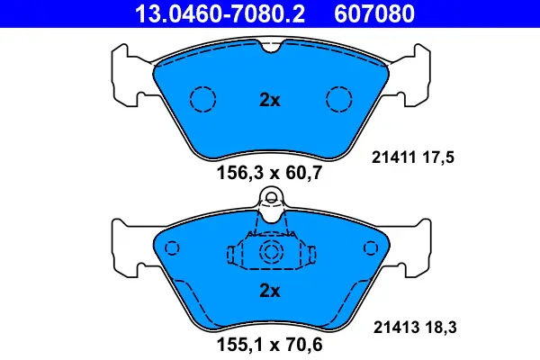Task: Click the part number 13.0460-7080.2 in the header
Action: (207, 13)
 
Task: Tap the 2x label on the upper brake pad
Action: (270, 101)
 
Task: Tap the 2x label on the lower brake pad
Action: (270, 291)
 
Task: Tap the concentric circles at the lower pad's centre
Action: (270, 254)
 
